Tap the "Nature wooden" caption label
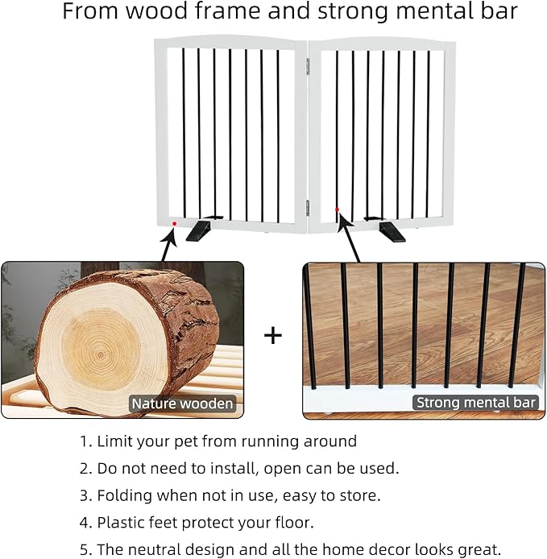pos(182,404)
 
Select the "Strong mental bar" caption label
pos(475,402)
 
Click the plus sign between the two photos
pos(274,335)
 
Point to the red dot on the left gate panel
pos(174,223)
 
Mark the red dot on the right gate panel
pos(337,209)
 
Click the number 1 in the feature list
pos(84,441)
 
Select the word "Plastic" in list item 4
pos(122,522)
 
